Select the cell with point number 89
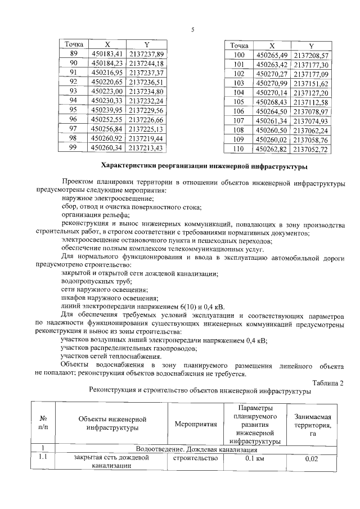coord(73,53)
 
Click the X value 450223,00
coord(106,91)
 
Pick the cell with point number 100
coord(238,55)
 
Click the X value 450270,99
coord(271,83)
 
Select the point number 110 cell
coord(238,149)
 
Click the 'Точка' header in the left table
coord(73,44)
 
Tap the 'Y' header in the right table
coord(311,46)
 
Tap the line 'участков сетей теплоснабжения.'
coord(114,357)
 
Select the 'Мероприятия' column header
coord(196,424)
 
